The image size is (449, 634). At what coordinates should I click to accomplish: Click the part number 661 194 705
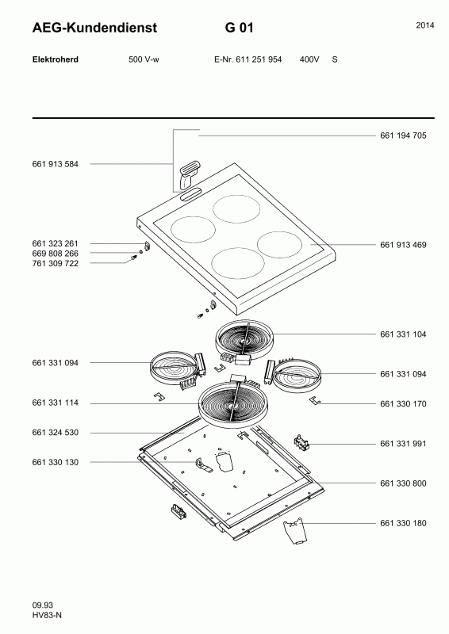point(403,136)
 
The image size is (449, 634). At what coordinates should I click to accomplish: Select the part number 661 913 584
point(55,164)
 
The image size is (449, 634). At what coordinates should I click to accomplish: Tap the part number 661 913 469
point(403,245)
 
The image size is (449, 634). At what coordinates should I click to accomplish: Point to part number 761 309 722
point(55,264)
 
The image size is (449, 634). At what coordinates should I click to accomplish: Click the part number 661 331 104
point(403,334)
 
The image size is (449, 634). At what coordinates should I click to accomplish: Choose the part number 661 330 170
point(403,404)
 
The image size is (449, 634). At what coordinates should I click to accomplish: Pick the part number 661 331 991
point(403,444)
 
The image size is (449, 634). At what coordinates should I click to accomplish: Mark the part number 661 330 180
point(403,523)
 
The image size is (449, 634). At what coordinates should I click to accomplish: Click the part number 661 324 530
point(55,433)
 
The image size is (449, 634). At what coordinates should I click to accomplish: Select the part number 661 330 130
point(55,462)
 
